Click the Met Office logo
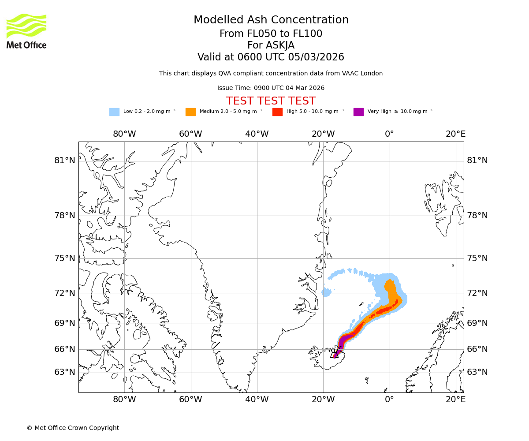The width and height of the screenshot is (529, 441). coord(26,31)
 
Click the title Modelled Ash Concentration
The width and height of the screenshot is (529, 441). coord(271,20)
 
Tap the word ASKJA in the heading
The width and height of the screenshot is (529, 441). coord(280,45)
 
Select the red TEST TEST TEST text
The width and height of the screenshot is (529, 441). coord(271,101)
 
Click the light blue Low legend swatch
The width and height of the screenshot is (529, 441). coord(114,112)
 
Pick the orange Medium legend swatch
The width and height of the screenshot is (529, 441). coord(190,112)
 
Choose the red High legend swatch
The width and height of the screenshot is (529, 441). coord(277,112)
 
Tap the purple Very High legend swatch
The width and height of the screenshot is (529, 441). coord(358,112)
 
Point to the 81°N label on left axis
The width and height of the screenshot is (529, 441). coord(65,161)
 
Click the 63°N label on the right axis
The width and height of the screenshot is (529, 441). coord(477,372)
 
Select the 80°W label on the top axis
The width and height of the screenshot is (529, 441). coord(124,134)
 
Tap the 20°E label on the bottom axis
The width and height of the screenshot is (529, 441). coord(455,400)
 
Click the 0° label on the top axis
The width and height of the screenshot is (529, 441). coord(389,134)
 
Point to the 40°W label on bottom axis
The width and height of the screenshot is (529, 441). coord(257,400)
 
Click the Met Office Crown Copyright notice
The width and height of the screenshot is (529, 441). coord(73,428)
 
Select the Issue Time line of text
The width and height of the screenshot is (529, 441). coord(271,88)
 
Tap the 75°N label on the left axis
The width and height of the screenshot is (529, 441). coord(65,258)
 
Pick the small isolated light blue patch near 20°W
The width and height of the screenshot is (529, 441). coord(326,292)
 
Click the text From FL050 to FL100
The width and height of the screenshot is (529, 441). coord(271,34)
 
